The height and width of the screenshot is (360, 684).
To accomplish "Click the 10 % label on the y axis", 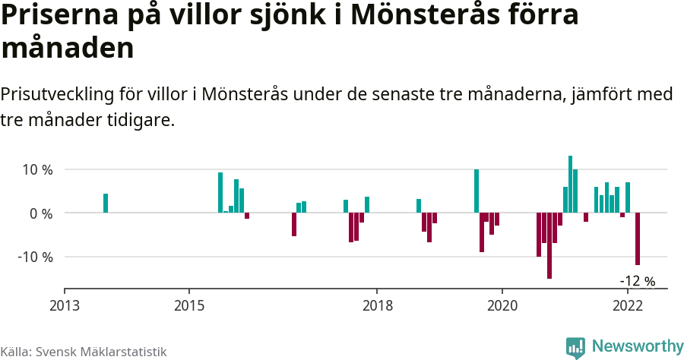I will click(36, 170).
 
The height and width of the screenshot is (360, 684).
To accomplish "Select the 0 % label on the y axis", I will click(41, 213).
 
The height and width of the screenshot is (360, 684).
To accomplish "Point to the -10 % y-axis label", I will click(35, 257).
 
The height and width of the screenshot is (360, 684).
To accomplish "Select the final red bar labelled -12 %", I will click(638, 238).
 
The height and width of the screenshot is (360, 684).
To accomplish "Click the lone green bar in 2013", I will click(106, 203).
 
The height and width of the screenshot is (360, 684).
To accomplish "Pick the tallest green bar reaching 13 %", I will click(570, 184).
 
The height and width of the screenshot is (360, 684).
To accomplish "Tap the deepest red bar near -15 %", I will click(549, 245).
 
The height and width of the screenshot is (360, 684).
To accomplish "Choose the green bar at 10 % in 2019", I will click(477, 191).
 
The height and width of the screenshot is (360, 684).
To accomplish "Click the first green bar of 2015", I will click(220, 192).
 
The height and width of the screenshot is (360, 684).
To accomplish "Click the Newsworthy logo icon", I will click(575, 347).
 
